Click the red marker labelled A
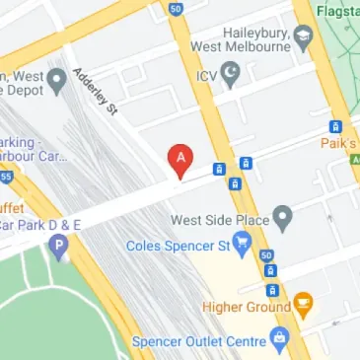pos(180,158)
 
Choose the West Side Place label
pos(220,216)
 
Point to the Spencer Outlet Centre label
pos(197,341)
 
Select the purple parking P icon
pos(60,244)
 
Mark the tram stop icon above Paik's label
pos(336,126)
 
